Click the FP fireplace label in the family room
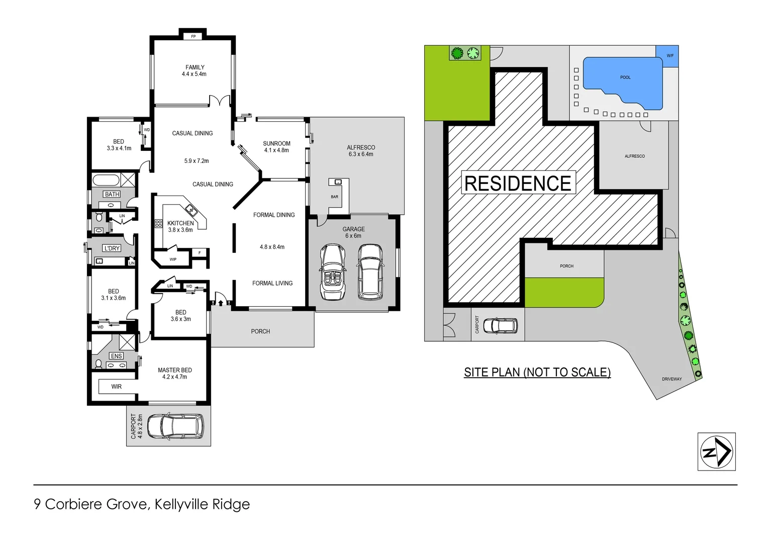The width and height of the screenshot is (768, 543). (193, 37)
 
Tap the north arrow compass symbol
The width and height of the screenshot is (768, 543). (716, 451)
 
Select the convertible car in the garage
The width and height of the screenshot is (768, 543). (332, 272)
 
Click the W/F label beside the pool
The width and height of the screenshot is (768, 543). (669, 56)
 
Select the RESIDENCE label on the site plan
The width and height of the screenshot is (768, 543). (518, 184)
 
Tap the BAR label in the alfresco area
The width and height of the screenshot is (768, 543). (334, 197)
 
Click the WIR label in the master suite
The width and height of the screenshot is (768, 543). (116, 387)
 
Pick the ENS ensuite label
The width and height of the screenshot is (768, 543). (116, 356)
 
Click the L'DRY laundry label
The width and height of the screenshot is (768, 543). (112, 248)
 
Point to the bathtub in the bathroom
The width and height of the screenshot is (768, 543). (106, 179)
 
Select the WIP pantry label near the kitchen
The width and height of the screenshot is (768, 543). (173, 259)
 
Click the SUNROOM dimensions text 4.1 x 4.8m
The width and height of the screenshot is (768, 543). (276, 150)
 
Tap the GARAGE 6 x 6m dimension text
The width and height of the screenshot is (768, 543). (353, 236)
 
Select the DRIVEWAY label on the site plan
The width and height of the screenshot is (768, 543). (671, 379)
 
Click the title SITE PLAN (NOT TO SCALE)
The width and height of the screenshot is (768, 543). (537, 372)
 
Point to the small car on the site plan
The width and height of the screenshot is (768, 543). (500, 326)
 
